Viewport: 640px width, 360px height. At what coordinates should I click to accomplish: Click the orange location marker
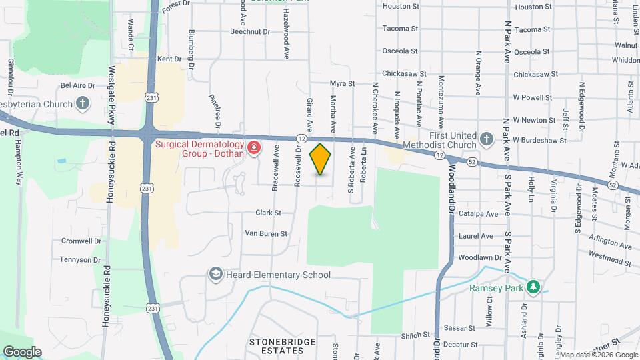click(x=321, y=159)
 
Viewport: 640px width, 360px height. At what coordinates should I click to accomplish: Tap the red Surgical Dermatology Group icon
click(x=253, y=147)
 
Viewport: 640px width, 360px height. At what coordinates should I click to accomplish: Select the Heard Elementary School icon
click(x=215, y=274)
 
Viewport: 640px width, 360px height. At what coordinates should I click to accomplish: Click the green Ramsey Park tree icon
click(x=532, y=287)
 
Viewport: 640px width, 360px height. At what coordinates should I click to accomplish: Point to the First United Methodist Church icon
click(x=487, y=139)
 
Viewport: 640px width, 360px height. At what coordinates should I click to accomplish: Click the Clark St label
click(x=268, y=213)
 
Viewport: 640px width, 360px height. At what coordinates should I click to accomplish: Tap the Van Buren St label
click(x=265, y=233)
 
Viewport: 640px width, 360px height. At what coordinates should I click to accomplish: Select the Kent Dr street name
click(x=169, y=59)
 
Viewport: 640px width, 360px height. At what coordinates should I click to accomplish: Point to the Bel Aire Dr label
click(x=78, y=85)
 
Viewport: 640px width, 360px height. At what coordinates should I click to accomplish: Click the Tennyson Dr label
click(x=81, y=259)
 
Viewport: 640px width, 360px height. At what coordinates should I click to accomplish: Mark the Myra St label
click(x=342, y=84)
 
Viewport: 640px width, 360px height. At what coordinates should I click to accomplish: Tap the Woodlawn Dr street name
click(x=479, y=257)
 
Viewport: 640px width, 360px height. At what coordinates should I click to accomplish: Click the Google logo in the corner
click(x=23, y=351)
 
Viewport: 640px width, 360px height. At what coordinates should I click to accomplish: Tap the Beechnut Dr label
click(x=249, y=31)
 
